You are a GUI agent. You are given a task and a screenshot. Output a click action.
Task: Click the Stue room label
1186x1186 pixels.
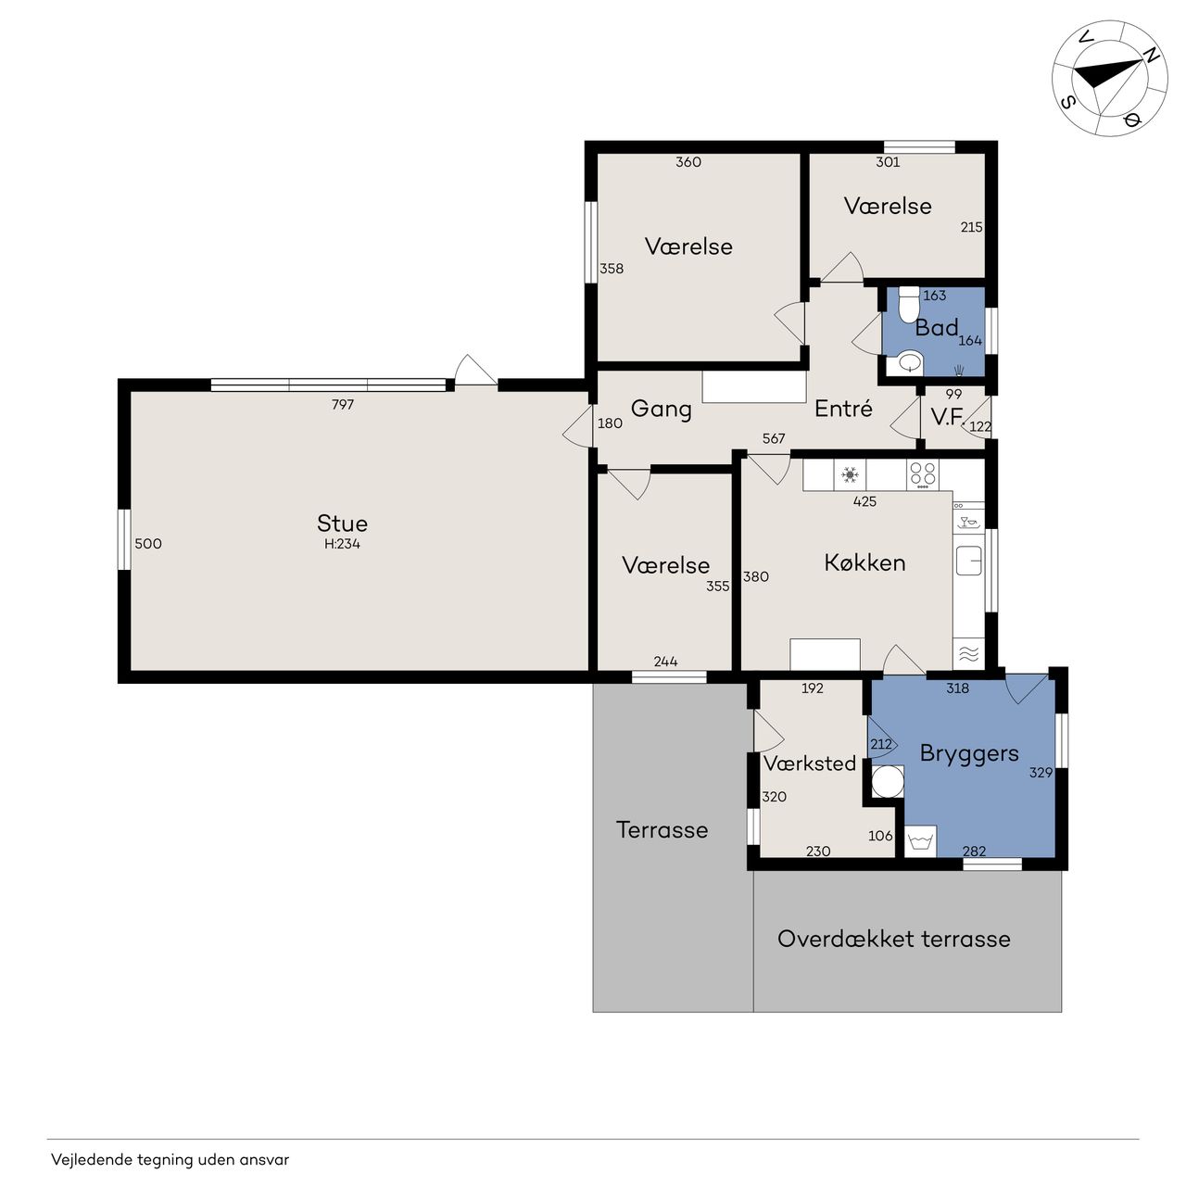click(342, 524)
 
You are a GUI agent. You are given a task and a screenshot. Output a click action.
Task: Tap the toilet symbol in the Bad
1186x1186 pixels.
click(908, 305)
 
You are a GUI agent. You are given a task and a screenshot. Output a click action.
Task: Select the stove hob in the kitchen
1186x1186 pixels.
click(923, 474)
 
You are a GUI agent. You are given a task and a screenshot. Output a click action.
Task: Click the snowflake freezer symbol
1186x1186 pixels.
click(850, 474)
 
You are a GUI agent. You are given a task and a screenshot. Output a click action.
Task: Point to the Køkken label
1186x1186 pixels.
click(864, 562)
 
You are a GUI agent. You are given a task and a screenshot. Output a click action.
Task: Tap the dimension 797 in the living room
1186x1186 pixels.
click(343, 404)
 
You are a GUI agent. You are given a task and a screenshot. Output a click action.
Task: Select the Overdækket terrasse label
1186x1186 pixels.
click(893, 939)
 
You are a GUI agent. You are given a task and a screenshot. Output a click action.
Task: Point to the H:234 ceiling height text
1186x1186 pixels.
click(342, 544)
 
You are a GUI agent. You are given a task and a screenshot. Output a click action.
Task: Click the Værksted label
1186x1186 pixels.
click(810, 763)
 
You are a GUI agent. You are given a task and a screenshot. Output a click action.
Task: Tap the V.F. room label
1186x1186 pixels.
click(947, 417)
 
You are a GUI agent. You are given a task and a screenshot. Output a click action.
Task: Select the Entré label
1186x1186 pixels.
click(843, 408)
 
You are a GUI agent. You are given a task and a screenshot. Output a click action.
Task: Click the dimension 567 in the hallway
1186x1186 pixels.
click(774, 438)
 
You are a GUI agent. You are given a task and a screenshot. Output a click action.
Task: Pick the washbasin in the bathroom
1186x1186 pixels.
click(909, 363)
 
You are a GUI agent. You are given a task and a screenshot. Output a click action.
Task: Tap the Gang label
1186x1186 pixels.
click(661, 410)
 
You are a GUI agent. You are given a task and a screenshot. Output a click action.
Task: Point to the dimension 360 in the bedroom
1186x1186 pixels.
click(688, 162)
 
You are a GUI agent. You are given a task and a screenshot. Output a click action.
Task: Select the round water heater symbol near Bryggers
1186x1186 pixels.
click(888, 782)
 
